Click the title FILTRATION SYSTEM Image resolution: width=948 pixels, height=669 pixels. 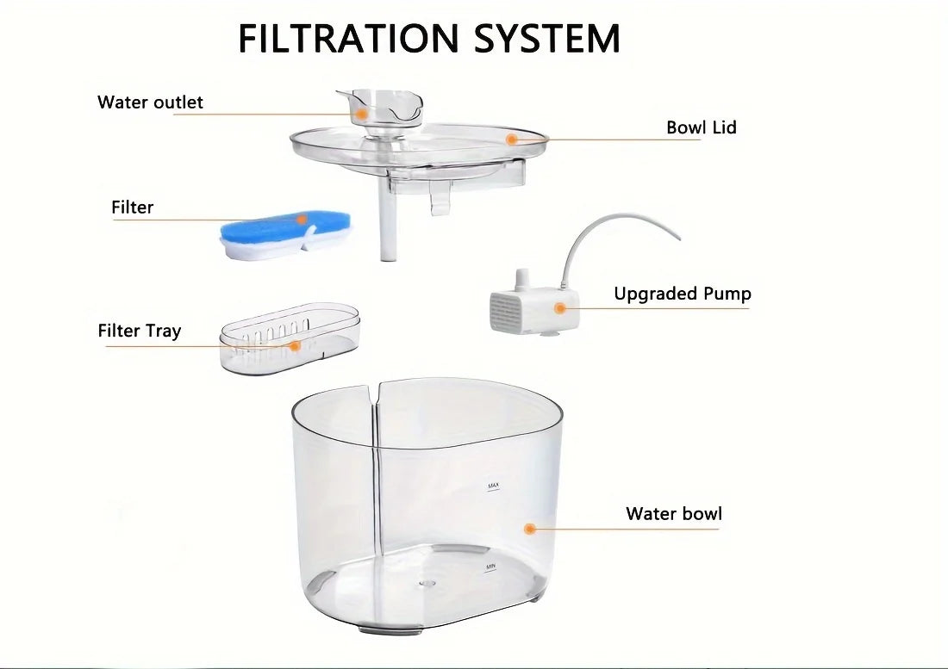pos(428,39)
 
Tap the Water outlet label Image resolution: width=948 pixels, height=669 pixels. pos(150,102)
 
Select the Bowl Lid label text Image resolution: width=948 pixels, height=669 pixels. pos(701,128)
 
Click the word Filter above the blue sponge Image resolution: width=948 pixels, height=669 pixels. pos(132,208)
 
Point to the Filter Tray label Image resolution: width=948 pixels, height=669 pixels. pos(139,331)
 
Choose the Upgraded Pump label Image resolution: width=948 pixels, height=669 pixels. pos(682,294)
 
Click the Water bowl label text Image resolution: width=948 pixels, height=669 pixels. pos(673,514)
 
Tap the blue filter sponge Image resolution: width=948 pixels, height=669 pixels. pos(259,229)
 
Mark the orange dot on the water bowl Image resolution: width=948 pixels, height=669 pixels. pos(530,529)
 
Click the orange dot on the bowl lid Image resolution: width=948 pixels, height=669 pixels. pos(511,138)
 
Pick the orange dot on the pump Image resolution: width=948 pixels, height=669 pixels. pos(560,307)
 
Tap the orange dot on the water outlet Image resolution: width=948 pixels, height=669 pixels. pos(363,113)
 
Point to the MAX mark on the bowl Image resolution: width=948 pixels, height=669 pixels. pos(493,486)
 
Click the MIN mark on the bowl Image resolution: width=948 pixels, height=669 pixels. pos(490,567)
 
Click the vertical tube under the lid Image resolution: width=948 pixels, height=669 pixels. pos(385,229)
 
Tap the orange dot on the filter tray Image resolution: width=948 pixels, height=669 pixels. pos(295,346)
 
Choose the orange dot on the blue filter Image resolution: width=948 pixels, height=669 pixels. pos(302,220)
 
